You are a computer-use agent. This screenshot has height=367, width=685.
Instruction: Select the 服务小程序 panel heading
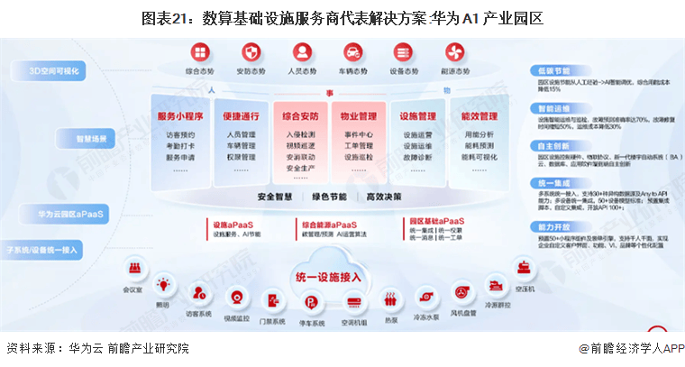(x=179, y=116)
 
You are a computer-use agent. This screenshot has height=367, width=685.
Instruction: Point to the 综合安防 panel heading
(x=299, y=116)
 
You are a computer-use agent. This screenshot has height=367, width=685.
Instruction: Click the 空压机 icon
(x=523, y=268)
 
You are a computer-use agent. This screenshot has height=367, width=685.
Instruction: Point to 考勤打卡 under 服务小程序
(x=179, y=146)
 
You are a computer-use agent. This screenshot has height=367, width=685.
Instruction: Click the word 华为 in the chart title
(x=442, y=17)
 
